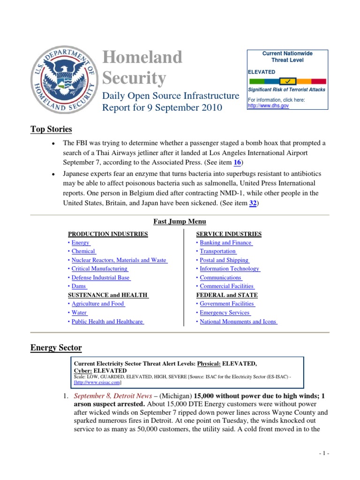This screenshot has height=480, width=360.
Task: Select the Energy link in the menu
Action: [x=81, y=243]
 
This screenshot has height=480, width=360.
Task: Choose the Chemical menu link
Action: [x=83, y=251]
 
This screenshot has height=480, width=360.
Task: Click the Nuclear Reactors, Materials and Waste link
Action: [x=119, y=260]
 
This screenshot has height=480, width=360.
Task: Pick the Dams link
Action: [x=79, y=286]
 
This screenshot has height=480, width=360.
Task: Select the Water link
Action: [x=80, y=313]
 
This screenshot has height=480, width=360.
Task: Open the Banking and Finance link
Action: [x=226, y=243]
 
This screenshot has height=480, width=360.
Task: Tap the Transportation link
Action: [x=218, y=251]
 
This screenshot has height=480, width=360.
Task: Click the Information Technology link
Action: [x=230, y=269]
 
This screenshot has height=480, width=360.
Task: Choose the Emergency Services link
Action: [x=225, y=313]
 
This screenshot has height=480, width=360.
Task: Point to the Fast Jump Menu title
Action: [x=180, y=222]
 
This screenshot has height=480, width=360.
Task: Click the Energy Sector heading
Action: [x=56, y=348]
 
